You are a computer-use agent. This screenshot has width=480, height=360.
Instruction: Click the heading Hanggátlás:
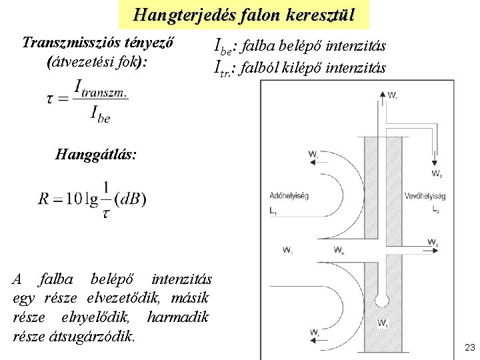96,155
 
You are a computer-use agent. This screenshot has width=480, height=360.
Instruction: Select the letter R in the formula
45,199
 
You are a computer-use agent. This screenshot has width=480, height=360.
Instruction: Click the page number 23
469,347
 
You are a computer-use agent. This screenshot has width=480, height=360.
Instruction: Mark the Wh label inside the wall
382,325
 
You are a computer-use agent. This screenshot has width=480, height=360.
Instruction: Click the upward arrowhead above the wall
382,96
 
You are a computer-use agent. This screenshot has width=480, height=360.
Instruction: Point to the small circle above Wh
381,301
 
